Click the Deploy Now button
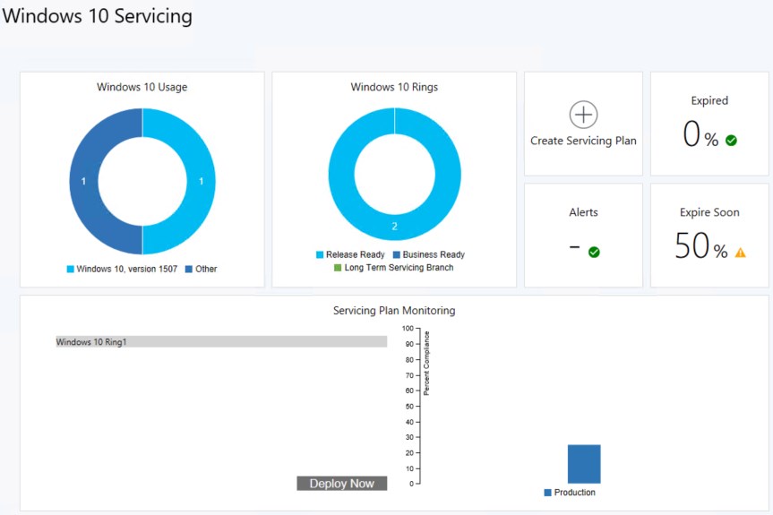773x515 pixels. [x=341, y=484]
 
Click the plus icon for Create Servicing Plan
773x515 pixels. [x=583, y=115]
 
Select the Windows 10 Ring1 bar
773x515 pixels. [x=221, y=342]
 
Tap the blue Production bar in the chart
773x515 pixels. [x=584, y=464]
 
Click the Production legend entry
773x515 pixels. [x=570, y=493]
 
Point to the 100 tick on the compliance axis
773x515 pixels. [x=408, y=329]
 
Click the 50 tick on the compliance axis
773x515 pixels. [x=408, y=407]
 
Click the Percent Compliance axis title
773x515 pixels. [x=427, y=362]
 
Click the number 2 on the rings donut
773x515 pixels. [x=394, y=227]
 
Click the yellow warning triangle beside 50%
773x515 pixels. [x=740, y=253]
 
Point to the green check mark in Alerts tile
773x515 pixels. [x=594, y=253]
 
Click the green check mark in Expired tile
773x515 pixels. [x=731, y=141]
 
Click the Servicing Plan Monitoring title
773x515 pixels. [x=394, y=311]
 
